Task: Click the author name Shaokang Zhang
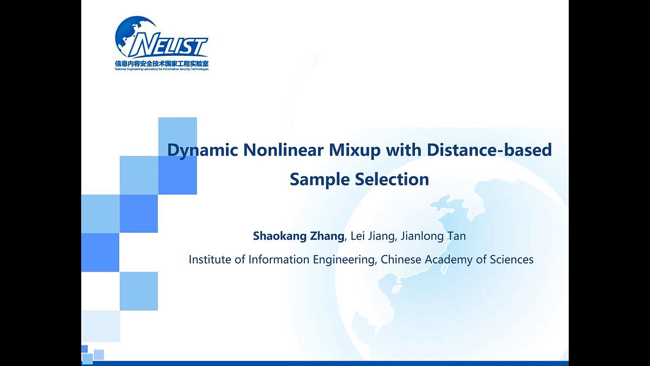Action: click(x=298, y=236)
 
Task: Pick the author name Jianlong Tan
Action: click(x=433, y=236)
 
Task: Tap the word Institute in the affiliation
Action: click(x=210, y=260)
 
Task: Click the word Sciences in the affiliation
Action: click(x=512, y=260)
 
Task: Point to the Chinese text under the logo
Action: click(x=161, y=63)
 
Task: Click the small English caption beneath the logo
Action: click(x=161, y=69)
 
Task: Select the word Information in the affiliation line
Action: click(x=279, y=260)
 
